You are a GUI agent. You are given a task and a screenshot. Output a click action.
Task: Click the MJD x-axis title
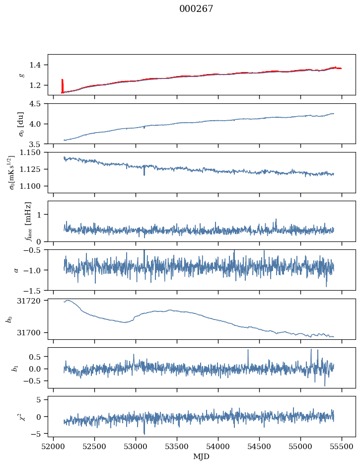tap(202, 456)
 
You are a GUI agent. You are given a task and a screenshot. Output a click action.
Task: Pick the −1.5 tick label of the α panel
tap(35, 290)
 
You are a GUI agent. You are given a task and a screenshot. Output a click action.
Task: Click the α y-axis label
tap(16, 270)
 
